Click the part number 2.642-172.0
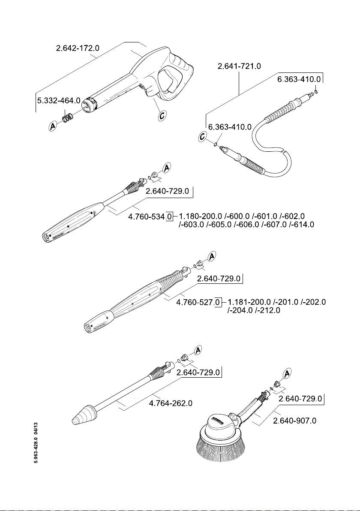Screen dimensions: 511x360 78,48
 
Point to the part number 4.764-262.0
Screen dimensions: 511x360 171,404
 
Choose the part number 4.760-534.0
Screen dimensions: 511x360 150,217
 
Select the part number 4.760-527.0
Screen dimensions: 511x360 198,303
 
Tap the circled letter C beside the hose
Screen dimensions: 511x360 204,137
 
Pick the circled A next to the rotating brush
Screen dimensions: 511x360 288,373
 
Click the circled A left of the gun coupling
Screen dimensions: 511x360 53,126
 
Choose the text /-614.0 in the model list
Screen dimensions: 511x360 302,225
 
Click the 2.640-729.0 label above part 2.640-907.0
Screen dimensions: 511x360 300,399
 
